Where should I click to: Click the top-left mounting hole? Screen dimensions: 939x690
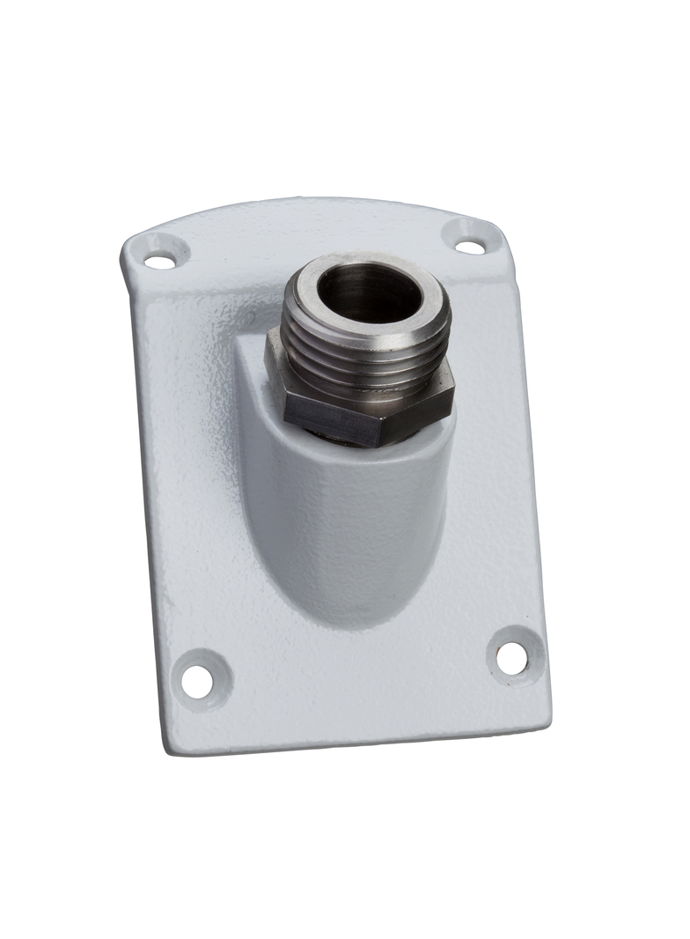tap(159, 261)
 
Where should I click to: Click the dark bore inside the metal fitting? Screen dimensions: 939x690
tap(368, 293)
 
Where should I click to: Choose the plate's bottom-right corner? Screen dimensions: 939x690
tap(545, 718)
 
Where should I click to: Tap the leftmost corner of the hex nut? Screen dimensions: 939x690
tap(268, 361)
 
